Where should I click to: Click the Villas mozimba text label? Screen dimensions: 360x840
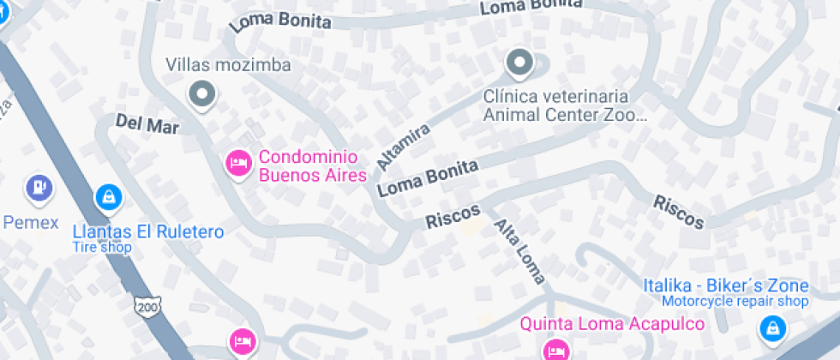pyautogui.click(x=228, y=65)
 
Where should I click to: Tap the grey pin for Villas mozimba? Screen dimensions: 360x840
pyautogui.click(x=202, y=94)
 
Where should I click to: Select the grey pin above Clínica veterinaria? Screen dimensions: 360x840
pyautogui.click(x=519, y=63)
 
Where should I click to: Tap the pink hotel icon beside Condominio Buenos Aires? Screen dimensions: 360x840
pyautogui.click(x=237, y=162)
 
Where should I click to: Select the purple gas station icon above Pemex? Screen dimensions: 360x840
pyautogui.click(x=39, y=186)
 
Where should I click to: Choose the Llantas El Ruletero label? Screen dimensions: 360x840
pyautogui.click(x=147, y=232)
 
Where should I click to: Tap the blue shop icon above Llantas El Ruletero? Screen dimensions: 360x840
pyautogui.click(x=108, y=197)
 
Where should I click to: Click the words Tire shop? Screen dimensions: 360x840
pyautogui.click(x=102, y=248)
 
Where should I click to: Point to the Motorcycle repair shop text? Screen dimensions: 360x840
pyautogui.click(x=735, y=302)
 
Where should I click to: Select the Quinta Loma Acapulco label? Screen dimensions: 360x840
pyautogui.click(x=613, y=324)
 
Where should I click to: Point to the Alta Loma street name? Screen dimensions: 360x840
pyautogui.click(x=519, y=251)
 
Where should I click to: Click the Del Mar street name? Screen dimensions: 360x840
pyautogui.click(x=147, y=125)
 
